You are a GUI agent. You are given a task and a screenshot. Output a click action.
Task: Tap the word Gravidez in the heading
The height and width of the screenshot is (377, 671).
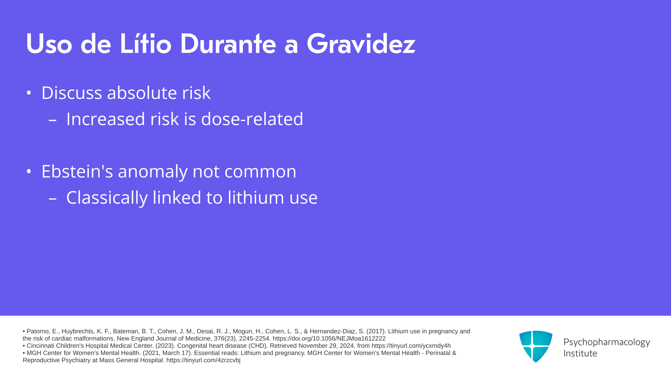361,44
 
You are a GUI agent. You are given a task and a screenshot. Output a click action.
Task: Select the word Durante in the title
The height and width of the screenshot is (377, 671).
228,44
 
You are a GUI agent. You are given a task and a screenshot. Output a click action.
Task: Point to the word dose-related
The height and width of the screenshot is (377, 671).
252,119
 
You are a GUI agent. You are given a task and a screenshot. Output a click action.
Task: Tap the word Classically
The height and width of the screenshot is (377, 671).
107,198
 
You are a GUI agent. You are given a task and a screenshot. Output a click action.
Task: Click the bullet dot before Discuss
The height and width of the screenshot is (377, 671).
29,93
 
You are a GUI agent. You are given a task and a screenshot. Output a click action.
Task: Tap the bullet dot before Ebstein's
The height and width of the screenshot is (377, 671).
29,171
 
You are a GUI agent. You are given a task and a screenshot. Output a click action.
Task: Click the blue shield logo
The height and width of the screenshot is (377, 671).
536,346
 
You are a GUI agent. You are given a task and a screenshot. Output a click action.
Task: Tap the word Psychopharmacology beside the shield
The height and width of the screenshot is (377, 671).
607,342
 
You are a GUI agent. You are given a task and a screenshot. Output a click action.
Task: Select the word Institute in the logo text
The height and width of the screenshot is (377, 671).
580,353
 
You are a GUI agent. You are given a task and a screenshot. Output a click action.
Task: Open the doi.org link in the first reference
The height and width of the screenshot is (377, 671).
329,339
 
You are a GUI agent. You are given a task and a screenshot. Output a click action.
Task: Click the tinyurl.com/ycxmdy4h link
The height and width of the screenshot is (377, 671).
411,346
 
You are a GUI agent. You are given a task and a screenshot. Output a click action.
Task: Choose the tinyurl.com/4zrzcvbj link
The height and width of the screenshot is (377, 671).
203,360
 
